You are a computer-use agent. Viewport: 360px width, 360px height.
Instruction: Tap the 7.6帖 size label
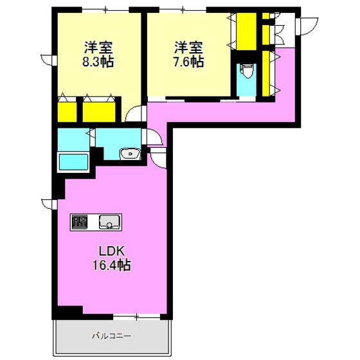188,62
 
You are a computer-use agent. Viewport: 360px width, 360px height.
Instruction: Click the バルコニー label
111,336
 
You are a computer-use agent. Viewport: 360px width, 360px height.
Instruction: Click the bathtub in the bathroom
75,161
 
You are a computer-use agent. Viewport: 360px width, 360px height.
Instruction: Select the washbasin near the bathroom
131,154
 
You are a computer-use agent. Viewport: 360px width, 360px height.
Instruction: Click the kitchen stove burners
80,222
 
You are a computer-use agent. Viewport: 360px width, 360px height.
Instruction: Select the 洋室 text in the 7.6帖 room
188,47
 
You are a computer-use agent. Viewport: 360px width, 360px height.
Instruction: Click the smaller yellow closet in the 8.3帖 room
67,112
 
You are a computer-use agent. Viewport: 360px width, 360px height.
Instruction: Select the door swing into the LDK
158,154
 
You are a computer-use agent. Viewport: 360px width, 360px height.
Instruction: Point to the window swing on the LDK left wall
48,204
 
